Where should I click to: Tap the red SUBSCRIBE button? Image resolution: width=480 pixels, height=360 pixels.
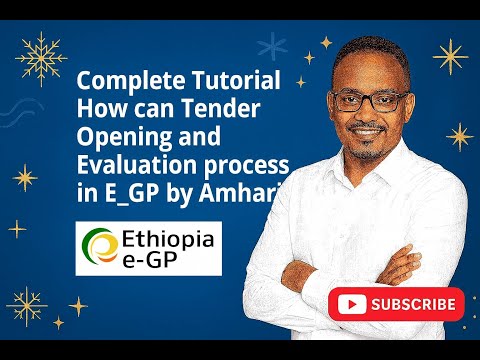pos(401,303)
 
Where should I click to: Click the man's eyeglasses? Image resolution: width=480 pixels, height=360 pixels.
pos(369,100)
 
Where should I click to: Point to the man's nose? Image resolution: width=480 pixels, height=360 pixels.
pos(372,112)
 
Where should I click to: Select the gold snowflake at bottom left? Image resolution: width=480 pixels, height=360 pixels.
pos(27,305)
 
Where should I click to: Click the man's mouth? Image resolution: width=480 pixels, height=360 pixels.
pos(373,130)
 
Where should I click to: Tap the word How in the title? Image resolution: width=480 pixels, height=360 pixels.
pos(99,108)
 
